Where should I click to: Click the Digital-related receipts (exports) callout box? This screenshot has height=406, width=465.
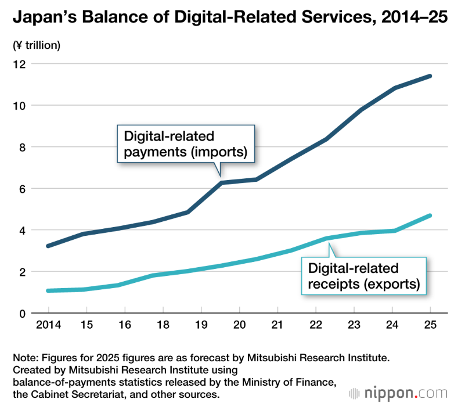[x=363, y=276]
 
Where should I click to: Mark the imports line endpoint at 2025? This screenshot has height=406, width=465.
[x=430, y=76]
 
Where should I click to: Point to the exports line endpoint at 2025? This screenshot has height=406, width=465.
[x=430, y=215]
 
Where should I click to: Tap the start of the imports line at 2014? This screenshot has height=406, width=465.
[x=48, y=246]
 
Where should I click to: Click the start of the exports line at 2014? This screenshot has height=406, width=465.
[x=48, y=290]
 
